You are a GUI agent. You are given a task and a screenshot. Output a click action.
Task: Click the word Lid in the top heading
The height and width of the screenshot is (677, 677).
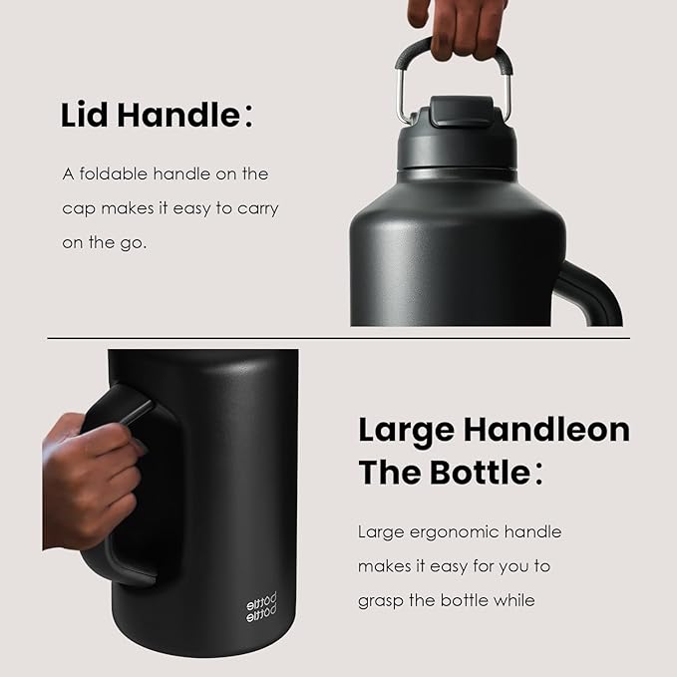pyautogui.click(x=85, y=116)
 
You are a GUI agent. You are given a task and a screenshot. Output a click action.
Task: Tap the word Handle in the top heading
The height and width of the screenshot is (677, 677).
pyautogui.click(x=178, y=116)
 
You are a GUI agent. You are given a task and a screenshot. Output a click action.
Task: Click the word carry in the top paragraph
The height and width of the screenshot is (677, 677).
pyautogui.click(x=256, y=208)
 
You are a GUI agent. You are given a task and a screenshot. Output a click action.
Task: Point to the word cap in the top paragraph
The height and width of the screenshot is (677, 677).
pyautogui.click(x=79, y=208)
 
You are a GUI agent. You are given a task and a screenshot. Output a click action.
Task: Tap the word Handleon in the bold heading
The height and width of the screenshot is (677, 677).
pyautogui.click(x=547, y=430)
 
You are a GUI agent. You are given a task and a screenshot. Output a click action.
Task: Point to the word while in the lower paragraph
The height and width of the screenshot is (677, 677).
pyautogui.click(x=512, y=600)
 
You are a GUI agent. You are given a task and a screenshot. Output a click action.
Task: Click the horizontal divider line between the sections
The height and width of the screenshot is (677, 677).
pyautogui.click(x=338, y=338)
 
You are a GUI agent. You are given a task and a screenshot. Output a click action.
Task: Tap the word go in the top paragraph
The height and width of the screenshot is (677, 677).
pyautogui.click(x=136, y=243)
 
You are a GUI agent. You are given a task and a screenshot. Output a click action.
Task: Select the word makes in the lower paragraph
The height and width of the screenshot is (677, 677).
pyautogui.click(x=383, y=566)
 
